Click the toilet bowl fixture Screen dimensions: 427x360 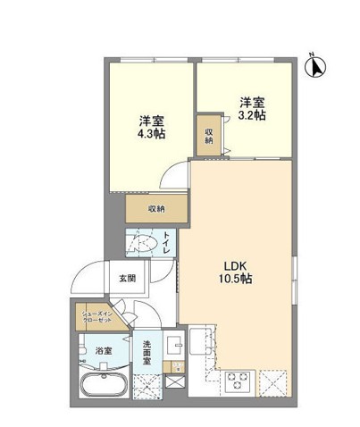point(143,241)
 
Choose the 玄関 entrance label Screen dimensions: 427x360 point(127,278)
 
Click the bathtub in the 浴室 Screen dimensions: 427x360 point(105,387)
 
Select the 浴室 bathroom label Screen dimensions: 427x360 point(104,351)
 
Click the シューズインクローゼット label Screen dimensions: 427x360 point(97,317)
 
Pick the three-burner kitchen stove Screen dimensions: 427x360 point(239,381)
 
